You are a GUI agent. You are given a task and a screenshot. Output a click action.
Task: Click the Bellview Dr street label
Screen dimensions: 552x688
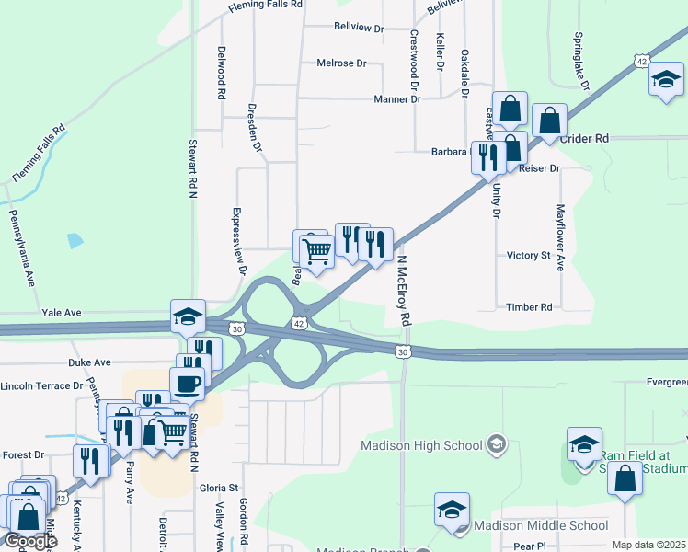359,29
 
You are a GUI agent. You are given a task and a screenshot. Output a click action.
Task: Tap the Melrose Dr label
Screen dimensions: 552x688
341,63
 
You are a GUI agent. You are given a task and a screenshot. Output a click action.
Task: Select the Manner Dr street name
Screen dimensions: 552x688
397,98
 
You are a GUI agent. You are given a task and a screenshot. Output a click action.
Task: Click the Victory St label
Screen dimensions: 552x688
528,255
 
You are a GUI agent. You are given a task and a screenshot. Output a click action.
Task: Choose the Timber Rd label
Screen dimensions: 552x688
529,307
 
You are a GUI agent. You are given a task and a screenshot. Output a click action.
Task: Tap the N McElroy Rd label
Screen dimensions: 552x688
403,291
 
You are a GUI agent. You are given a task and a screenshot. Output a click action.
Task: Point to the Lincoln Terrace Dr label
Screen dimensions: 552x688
43,386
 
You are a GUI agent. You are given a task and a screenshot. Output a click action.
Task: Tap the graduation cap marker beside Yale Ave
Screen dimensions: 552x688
187,316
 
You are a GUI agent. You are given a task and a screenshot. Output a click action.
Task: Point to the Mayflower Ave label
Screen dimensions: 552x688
559,236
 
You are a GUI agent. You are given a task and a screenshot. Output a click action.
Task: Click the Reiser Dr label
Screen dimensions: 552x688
540,168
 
